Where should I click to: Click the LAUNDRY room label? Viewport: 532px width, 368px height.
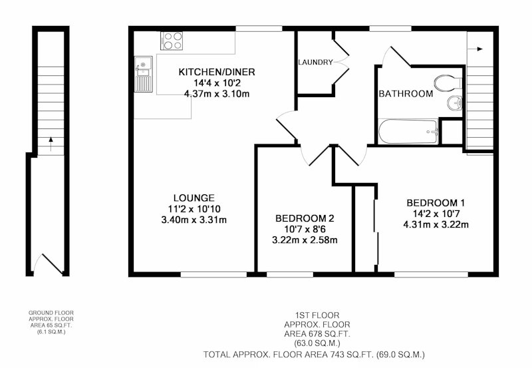click(x=315, y=62)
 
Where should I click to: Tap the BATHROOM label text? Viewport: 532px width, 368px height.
click(x=406, y=94)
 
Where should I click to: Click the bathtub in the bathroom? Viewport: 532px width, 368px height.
click(x=408, y=131)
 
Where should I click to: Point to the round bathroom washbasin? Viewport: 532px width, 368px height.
click(x=455, y=103)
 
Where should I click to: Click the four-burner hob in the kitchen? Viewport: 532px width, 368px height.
click(x=172, y=41)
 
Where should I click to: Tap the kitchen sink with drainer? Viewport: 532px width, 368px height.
click(x=144, y=74)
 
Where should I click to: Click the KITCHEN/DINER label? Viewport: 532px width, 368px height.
click(x=217, y=72)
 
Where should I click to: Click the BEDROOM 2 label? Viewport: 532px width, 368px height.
click(x=305, y=218)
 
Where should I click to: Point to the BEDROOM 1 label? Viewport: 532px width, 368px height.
click(x=436, y=203)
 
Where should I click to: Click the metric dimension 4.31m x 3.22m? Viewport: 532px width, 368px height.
click(x=436, y=224)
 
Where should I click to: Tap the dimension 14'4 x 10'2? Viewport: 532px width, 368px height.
click(x=217, y=83)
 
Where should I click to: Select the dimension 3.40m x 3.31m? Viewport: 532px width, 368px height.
click(x=194, y=220)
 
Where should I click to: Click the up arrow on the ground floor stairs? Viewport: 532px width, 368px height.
click(x=51, y=144)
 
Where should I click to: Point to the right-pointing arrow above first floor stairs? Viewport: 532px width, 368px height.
click(x=475, y=49)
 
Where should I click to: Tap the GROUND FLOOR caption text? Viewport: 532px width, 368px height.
click(x=51, y=313)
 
